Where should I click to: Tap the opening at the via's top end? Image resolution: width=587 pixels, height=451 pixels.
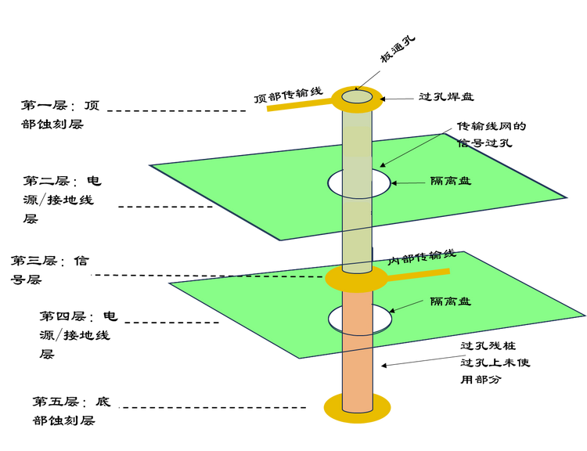click(x=357, y=96)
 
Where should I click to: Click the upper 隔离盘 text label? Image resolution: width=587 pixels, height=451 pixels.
click(x=451, y=182)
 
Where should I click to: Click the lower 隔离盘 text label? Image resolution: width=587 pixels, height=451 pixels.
click(x=451, y=301)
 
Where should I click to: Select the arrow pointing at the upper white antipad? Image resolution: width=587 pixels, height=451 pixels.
click(x=409, y=182)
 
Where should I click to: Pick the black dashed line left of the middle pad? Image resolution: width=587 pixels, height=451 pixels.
click(x=279, y=276)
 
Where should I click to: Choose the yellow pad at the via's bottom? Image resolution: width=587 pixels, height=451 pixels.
click(x=333, y=408)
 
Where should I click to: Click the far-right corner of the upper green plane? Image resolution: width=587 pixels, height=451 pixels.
click(x=567, y=197)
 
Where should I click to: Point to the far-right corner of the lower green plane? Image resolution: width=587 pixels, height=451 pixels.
click(x=583, y=316)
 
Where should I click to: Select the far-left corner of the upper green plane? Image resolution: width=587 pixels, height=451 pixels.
click(x=150, y=165)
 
